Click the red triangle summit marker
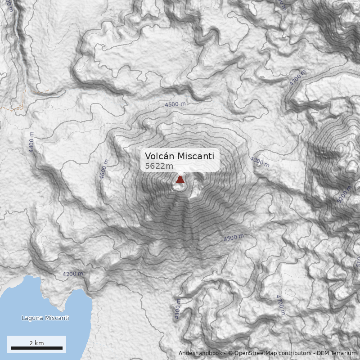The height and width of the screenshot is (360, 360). (x=180, y=179)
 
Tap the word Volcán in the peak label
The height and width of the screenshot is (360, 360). (x=159, y=156)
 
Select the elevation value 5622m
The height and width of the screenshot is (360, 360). (x=159, y=166)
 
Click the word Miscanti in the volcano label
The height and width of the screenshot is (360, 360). (x=196, y=156)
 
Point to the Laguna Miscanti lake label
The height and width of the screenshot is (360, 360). (x=45, y=318)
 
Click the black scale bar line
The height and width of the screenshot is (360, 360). (x=36, y=348)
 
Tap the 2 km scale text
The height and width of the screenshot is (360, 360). (x=36, y=343)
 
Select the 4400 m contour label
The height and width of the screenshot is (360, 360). (x=31, y=142)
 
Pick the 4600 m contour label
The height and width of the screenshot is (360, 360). (x=104, y=170)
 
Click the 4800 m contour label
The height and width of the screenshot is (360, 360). (x=260, y=162)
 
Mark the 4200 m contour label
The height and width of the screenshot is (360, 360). (x=72, y=274)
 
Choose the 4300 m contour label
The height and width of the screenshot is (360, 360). (x=177, y=310)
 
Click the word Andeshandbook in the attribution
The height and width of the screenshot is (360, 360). (x=200, y=353)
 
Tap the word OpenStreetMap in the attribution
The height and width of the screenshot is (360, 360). (x=255, y=353)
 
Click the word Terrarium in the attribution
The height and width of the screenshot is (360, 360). (x=344, y=353)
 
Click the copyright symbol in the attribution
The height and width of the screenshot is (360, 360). (x=230, y=353)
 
